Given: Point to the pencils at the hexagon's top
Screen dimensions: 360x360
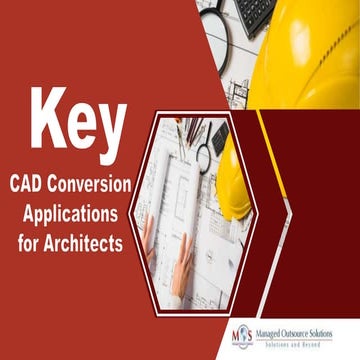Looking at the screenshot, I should pyautogui.click(x=191, y=129).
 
